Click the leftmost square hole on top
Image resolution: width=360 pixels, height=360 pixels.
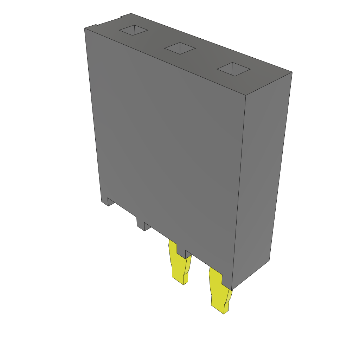tap(133, 31)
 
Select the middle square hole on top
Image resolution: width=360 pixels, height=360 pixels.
tap(180, 49)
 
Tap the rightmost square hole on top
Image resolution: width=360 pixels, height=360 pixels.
tap(233, 69)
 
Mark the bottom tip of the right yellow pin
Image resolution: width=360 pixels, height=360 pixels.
tap(224, 313)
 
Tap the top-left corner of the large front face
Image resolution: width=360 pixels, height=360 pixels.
tap(85, 28)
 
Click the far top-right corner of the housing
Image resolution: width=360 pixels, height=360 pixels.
tap(292, 72)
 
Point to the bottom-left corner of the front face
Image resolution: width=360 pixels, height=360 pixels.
tap(102, 201)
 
